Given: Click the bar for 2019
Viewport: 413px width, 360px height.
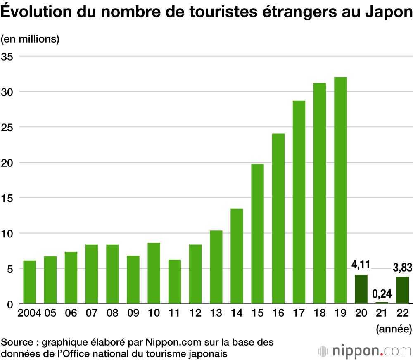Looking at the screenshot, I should [x=340, y=190].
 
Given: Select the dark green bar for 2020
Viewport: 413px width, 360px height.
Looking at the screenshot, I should [x=361, y=289].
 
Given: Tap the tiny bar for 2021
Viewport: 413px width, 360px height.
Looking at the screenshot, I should [x=382, y=303].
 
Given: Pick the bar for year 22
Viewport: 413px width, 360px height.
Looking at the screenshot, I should [x=402, y=290].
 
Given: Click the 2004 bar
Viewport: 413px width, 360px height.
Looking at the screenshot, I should [x=30, y=282].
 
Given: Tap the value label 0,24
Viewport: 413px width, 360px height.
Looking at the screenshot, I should [x=382, y=294].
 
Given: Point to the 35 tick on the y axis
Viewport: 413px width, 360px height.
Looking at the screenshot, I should [x=8, y=56].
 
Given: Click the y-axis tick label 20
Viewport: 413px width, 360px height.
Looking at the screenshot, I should [x=8, y=163].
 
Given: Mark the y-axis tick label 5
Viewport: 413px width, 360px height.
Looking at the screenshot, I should [x=11, y=269].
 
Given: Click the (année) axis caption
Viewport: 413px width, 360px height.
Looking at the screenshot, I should [x=394, y=329].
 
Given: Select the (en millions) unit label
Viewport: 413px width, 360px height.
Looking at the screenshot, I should [x=30, y=39].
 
